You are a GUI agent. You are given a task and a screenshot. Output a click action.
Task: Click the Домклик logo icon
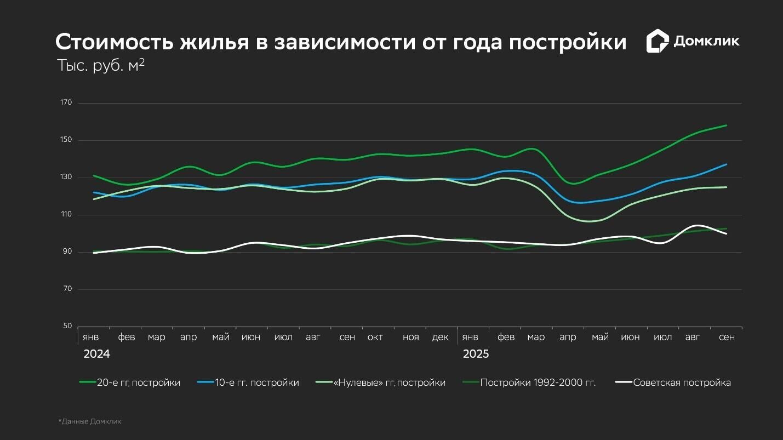(658, 41)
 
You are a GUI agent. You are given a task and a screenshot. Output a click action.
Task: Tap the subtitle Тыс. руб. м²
(101, 65)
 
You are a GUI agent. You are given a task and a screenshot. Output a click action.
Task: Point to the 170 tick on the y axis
(66, 103)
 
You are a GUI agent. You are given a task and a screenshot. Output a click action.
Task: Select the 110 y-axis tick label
(66, 215)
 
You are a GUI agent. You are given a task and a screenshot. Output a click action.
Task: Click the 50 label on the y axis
(67, 327)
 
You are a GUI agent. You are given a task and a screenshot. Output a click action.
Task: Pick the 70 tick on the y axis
(67, 289)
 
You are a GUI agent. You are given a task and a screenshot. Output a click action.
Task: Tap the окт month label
(375, 337)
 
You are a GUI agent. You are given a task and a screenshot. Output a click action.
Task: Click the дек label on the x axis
(440, 337)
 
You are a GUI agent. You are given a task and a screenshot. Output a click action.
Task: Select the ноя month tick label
(410, 337)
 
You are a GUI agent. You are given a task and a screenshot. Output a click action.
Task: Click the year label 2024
(96, 354)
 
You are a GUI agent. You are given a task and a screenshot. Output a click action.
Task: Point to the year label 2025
(476, 354)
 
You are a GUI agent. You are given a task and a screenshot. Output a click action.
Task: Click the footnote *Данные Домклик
(90, 421)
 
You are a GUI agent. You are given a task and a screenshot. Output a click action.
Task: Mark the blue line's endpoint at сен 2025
(727, 164)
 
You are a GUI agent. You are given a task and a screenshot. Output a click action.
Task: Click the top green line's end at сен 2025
(727, 125)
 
